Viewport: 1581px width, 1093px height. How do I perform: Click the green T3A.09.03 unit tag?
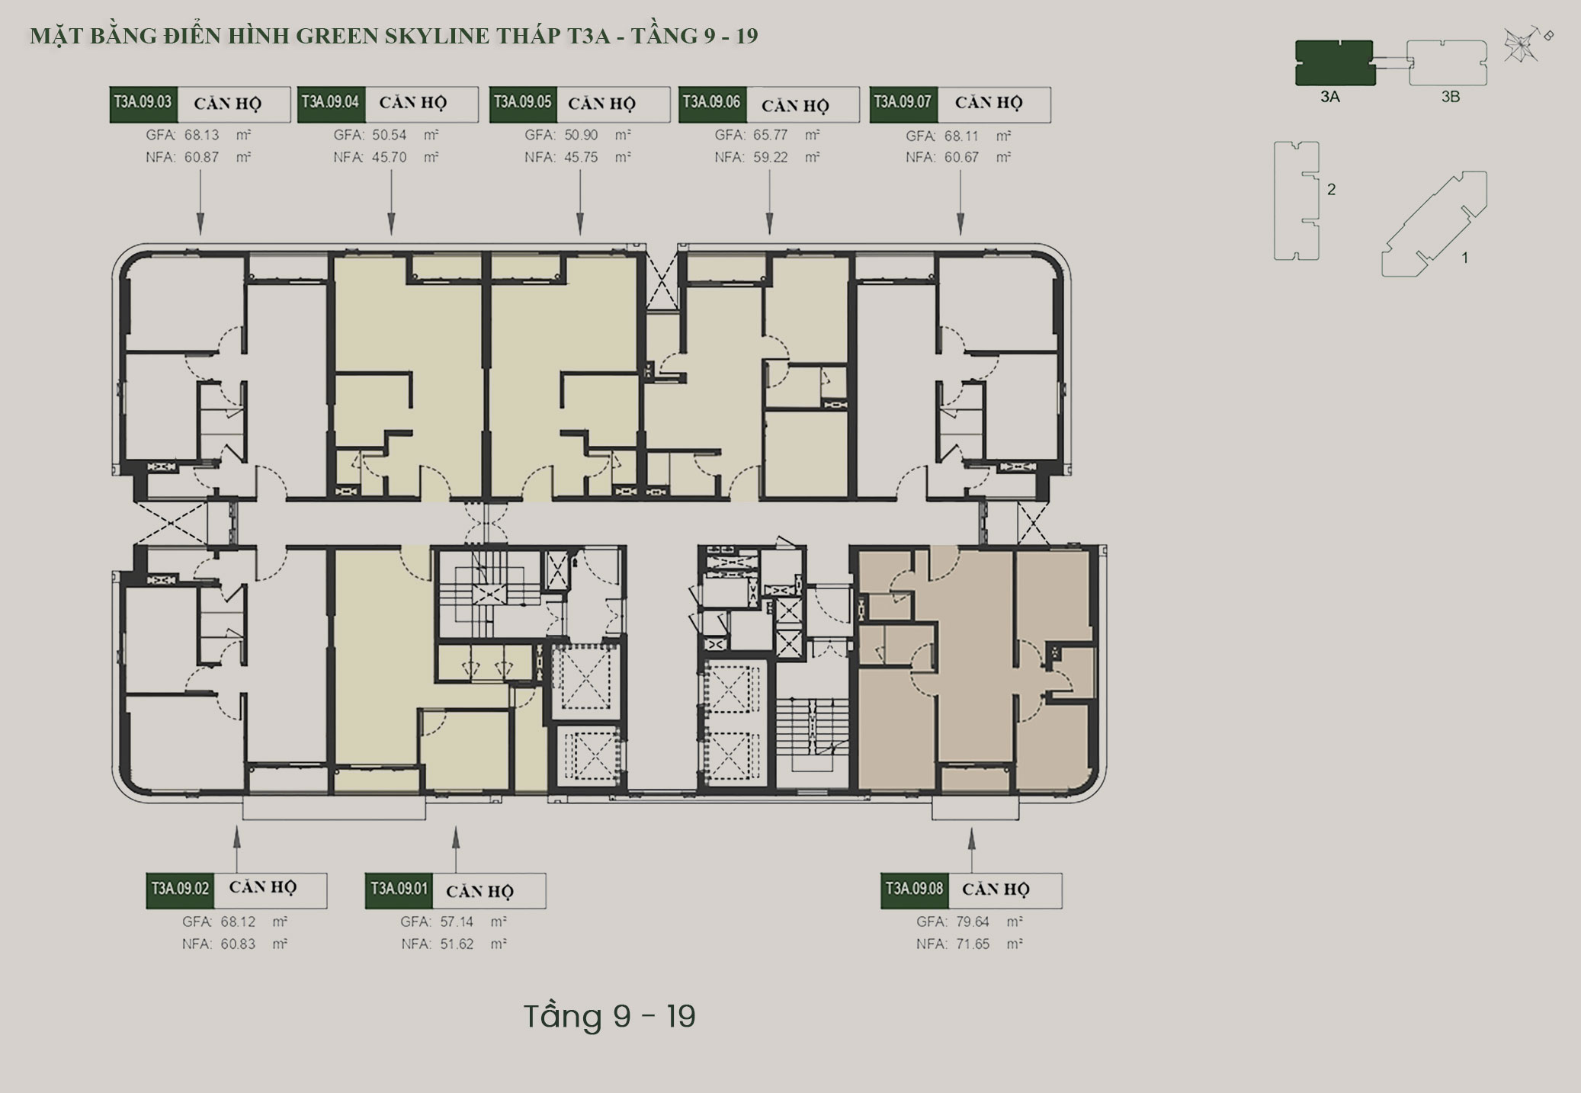(143, 104)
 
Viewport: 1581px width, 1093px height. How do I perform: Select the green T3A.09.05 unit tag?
(523, 104)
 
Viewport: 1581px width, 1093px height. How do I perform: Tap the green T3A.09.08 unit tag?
(915, 890)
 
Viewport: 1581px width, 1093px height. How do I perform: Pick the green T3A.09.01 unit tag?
(399, 890)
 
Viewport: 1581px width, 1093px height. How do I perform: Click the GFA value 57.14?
(457, 922)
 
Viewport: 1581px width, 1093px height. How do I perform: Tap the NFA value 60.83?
(238, 944)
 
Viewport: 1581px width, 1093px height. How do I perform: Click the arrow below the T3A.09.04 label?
(392, 202)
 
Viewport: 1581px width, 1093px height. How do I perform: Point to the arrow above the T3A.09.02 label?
(236, 850)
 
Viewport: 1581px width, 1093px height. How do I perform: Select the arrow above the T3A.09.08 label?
(971, 850)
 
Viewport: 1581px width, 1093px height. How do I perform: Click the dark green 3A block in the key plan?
(1334, 63)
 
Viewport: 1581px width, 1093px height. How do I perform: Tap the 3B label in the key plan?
(1450, 98)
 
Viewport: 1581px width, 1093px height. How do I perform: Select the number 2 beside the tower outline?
(1331, 189)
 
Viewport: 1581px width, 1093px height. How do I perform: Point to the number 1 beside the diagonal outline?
(1464, 258)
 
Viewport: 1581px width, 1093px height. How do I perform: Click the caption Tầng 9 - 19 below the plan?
(610, 1016)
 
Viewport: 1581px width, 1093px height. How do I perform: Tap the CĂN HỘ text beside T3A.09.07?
(989, 103)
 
